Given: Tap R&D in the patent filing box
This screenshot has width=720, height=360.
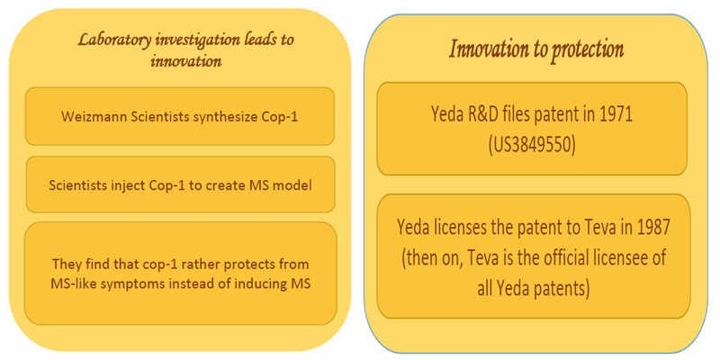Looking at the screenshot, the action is click(485, 115).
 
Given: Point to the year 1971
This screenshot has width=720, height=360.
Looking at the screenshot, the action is click(616, 115).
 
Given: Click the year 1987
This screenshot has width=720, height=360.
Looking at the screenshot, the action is click(653, 229).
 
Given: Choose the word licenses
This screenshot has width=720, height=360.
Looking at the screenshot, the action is click(468, 229).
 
